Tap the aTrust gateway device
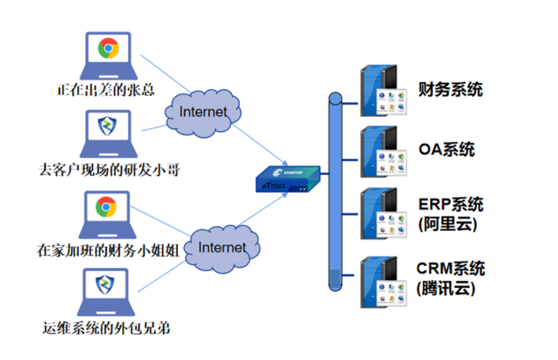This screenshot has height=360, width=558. click(x=287, y=179)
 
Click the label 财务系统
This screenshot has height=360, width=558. click(x=450, y=89)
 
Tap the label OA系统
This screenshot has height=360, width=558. click(x=446, y=149)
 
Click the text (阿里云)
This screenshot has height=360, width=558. click(x=446, y=224)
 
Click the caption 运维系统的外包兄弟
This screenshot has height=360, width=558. click(x=106, y=329)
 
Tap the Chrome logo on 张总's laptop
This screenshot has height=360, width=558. click(x=108, y=48)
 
